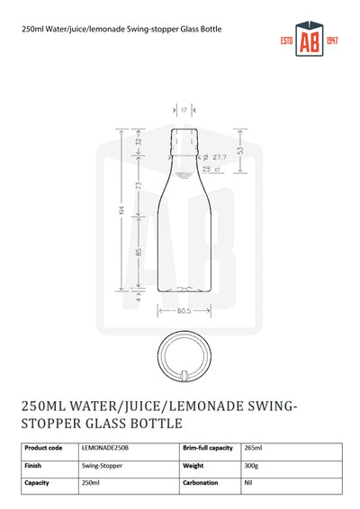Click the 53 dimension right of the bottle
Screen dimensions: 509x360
coord(238,151)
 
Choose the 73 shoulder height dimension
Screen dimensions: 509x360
coord(139,186)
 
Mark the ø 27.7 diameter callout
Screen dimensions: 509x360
coord(211,157)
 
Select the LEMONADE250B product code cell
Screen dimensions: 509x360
coord(105,448)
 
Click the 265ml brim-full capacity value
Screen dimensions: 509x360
coord(255,448)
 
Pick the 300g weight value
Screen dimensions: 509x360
coord(252,467)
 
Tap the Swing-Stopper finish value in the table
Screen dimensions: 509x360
coord(101,467)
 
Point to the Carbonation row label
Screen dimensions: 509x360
coord(202,484)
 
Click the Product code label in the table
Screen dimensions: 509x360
coord(43,448)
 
